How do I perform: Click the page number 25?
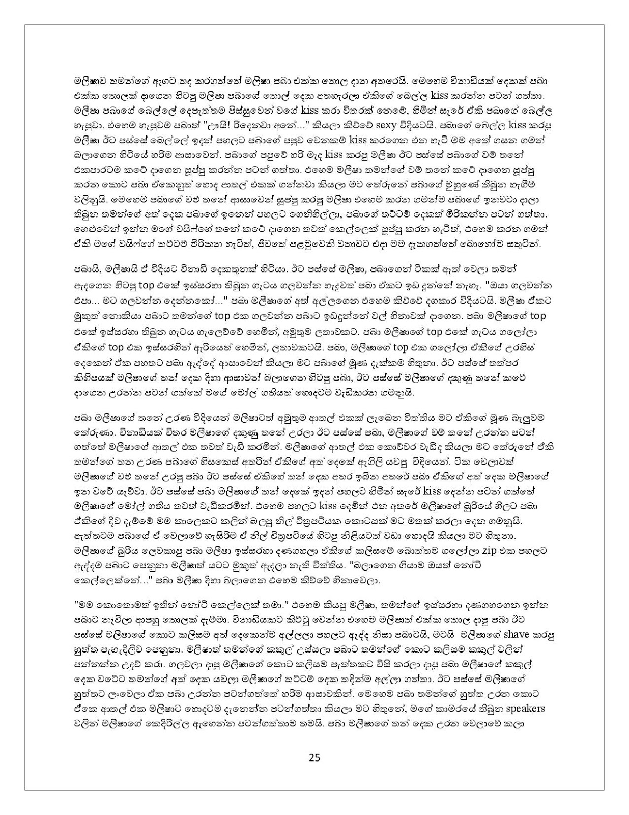314,757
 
